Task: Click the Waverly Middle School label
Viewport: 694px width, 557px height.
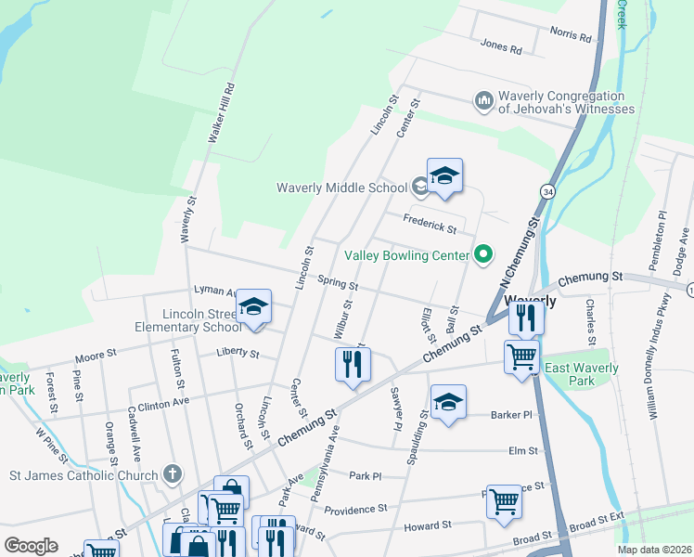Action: pos(341,188)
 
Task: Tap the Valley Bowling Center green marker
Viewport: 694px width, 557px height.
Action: pos(482,253)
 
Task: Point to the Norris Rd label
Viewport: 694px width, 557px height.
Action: pos(571,37)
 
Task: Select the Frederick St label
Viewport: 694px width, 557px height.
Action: pos(430,223)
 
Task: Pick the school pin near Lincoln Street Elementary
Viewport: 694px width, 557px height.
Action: pos(253,307)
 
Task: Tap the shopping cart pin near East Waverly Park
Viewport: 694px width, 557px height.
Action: pos(521,356)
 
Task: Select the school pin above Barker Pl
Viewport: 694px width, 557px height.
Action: pos(448,402)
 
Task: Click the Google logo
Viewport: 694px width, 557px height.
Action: pos(31,545)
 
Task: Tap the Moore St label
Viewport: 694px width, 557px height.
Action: pos(96,355)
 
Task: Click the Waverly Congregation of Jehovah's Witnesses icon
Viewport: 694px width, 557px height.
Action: pos(482,100)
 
